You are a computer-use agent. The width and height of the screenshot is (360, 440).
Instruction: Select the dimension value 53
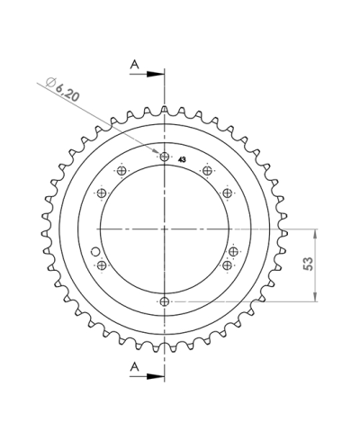[x=309, y=264]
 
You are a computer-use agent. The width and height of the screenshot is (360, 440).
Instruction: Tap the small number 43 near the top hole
[x=183, y=158]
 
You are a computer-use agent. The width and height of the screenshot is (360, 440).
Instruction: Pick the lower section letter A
[x=134, y=365]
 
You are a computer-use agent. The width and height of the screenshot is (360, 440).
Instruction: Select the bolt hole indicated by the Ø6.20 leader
[x=165, y=157]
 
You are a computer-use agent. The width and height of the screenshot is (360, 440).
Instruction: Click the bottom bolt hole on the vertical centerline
[x=165, y=301]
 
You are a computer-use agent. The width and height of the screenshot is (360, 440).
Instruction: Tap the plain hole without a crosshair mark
[x=96, y=251]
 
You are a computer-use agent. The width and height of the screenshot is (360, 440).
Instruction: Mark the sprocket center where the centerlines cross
[x=165, y=229]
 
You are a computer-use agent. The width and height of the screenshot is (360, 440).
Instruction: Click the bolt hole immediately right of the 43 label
[x=207, y=171]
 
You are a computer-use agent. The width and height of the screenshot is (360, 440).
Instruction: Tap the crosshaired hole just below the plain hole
[x=102, y=265]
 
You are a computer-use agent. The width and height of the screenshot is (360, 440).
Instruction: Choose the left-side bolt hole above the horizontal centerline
[x=102, y=193]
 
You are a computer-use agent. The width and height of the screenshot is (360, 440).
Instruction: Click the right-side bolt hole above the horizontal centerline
[x=228, y=193]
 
